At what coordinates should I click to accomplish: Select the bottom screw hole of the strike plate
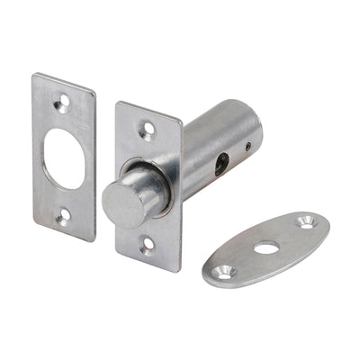(x=64, y=215)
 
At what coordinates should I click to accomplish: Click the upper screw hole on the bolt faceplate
(x=145, y=131)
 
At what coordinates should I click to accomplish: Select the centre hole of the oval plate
(x=265, y=247)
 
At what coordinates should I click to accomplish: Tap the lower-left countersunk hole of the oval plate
(x=222, y=269)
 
